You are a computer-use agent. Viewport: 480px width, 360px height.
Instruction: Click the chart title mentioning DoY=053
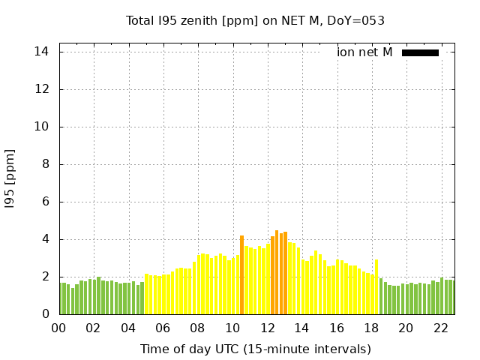[x=255, y=21]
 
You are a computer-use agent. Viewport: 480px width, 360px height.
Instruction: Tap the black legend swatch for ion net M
[x=420, y=52]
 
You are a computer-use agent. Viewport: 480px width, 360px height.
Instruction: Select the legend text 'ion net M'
[x=364, y=52]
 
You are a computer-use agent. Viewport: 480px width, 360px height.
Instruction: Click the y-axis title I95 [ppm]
[x=10, y=178]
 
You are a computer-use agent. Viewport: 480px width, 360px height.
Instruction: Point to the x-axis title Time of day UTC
[x=255, y=349]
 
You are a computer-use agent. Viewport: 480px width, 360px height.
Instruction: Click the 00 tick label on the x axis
[x=58, y=328]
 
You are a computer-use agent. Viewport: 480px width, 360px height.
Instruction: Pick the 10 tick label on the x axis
[x=232, y=328]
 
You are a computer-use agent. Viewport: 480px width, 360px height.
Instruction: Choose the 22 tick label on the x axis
[x=441, y=328]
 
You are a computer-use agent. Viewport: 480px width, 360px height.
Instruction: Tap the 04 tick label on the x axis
[x=128, y=328]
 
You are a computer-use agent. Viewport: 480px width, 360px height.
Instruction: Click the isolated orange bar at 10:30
[x=241, y=274]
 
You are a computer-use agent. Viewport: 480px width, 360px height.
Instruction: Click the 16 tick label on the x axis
[x=337, y=328]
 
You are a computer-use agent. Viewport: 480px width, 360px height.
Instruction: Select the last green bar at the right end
[x=451, y=297]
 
